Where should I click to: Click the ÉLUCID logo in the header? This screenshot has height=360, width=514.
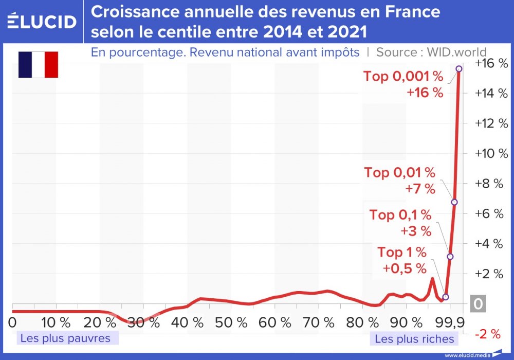pos(42,21)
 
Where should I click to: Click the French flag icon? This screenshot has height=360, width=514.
pos(38,65)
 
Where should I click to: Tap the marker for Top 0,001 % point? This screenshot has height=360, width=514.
pos(458,68)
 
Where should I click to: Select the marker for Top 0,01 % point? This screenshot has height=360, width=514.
pos(454,202)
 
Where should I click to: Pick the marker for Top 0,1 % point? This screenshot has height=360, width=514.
pos(450,256)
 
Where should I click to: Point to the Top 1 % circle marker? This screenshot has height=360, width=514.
pos(446,297)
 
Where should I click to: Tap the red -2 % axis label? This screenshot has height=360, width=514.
pos(488,334)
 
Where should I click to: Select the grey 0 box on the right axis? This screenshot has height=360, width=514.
pos(478,304)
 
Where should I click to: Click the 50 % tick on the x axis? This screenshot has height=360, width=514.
pos(231,323)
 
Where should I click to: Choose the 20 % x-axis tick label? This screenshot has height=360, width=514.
pos(100,323)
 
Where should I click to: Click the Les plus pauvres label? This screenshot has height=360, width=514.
pos(65,338)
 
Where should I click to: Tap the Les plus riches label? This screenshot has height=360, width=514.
pos(414,339)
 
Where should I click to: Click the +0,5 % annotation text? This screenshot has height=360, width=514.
pos(405,268)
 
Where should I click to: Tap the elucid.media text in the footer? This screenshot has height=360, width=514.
pos(467,355)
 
